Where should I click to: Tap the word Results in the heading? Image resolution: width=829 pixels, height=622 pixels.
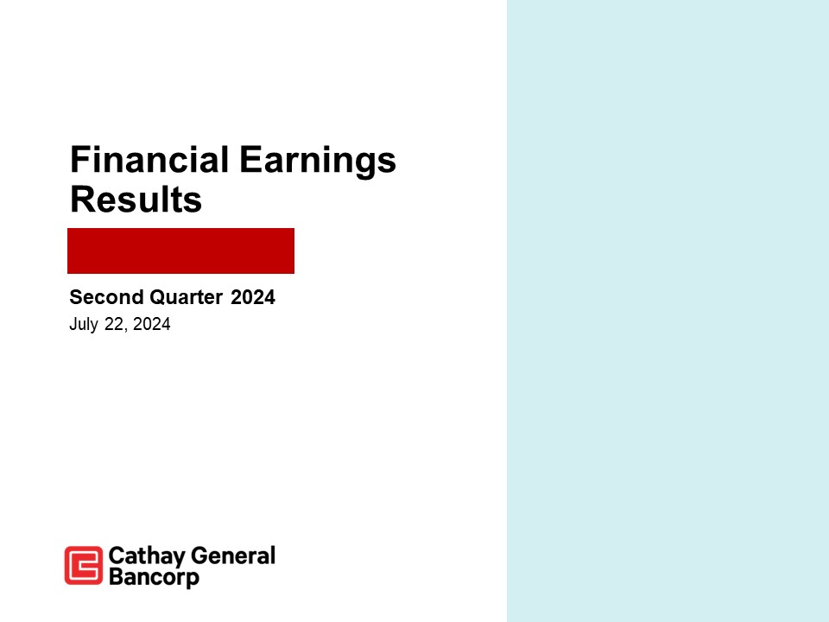coord(136,200)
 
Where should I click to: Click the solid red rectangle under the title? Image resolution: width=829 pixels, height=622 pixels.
coord(181,251)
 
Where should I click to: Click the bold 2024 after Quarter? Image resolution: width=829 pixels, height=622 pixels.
coord(253,298)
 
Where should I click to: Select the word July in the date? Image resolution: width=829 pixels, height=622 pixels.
coord(84,325)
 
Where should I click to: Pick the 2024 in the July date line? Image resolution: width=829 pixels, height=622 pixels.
coord(152,325)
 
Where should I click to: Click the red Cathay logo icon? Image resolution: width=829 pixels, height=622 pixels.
coord(83,566)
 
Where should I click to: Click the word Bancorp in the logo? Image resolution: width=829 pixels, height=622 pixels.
coord(154,577)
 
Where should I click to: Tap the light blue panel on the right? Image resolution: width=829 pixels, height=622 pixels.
coord(668,311)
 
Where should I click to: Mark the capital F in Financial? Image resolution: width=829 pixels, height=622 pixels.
coord(79,161)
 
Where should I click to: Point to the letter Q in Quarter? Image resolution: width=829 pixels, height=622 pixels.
coord(157,298)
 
